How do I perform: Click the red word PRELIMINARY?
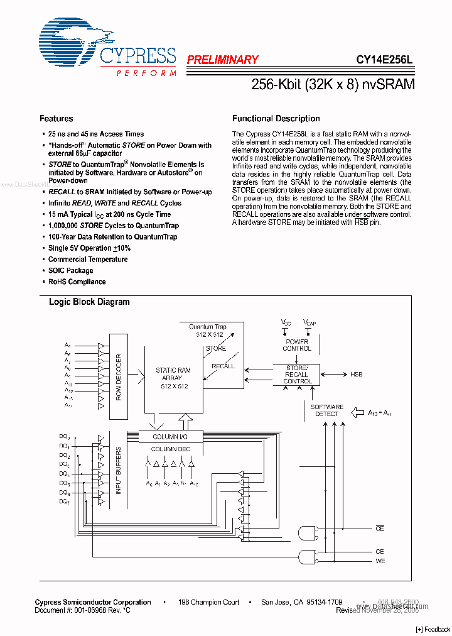click(x=222, y=60)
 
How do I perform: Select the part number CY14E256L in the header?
click(x=384, y=60)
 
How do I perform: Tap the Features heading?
click(x=56, y=118)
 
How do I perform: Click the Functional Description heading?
click(x=276, y=118)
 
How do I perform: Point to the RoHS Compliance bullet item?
click(x=77, y=282)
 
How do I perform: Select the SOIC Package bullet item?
click(x=70, y=270)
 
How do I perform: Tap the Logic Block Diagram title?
click(x=89, y=302)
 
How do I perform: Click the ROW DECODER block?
click(x=118, y=377)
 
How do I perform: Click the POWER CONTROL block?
click(x=297, y=345)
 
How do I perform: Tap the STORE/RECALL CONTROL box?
click(x=297, y=375)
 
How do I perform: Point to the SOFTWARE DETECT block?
click(x=327, y=410)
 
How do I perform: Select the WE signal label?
click(x=380, y=561)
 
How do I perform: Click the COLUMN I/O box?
click(x=169, y=437)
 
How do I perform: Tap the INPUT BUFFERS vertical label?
click(x=118, y=471)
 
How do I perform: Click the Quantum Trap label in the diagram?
click(x=208, y=327)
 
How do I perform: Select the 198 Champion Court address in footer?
click(x=208, y=602)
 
